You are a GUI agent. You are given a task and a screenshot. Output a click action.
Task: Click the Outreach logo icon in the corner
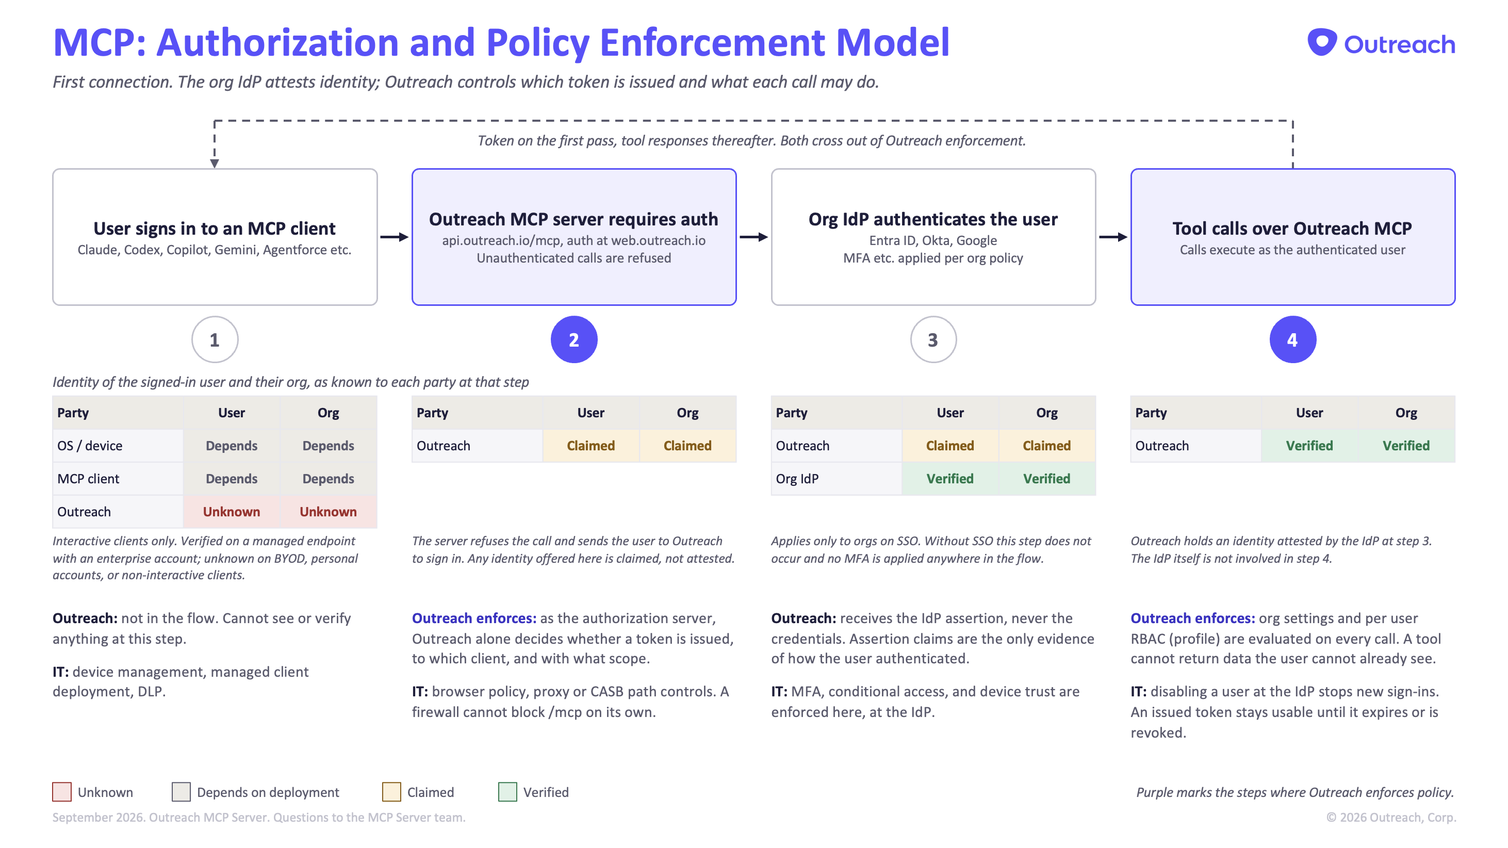(x=1322, y=42)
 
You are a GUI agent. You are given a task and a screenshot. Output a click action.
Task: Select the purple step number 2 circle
(x=573, y=340)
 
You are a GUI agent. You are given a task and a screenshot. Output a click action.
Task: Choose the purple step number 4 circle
(x=1292, y=340)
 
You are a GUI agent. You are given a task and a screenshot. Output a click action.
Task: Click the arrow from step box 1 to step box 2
(x=395, y=237)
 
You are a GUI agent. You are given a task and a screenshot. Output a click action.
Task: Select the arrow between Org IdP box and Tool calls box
(x=1113, y=237)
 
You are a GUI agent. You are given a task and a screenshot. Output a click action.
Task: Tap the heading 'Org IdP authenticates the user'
(x=933, y=219)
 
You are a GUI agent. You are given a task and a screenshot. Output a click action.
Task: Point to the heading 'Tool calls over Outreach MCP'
(x=1292, y=229)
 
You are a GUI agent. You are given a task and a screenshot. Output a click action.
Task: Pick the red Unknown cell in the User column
(x=231, y=512)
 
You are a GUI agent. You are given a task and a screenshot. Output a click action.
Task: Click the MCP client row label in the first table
(x=88, y=479)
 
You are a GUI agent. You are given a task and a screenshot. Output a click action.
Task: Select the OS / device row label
(x=90, y=446)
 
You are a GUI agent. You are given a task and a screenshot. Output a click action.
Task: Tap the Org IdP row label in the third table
(x=797, y=479)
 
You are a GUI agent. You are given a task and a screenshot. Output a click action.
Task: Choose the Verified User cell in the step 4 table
(x=1309, y=446)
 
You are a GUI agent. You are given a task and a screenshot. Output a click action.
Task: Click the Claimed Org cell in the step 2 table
(x=687, y=446)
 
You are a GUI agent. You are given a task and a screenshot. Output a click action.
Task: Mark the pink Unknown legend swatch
(x=61, y=792)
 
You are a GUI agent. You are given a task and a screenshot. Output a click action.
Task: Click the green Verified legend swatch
(x=507, y=792)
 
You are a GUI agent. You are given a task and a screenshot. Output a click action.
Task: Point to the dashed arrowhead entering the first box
(x=215, y=164)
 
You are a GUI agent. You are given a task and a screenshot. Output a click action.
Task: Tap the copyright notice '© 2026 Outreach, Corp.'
(x=1391, y=818)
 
